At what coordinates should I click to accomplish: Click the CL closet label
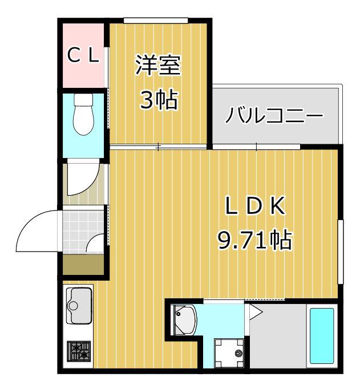coord(83,56)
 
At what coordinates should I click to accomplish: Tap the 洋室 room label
coord(158,65)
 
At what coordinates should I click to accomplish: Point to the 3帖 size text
coord(159,100)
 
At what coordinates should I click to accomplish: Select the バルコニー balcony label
coord(274,115)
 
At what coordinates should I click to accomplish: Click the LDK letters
coord(255,205)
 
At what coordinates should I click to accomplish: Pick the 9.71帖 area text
coord(254,240)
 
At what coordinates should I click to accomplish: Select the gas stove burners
coord(79,351)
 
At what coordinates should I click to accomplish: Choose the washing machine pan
coord(229,352)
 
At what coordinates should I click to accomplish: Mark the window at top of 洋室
coord(156,21)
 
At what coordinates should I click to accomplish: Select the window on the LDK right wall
coord(341,252)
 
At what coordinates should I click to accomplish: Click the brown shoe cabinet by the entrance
coord(83,264)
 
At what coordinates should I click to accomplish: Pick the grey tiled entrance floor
coord(83,232)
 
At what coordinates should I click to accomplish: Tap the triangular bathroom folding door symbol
coord(256,311)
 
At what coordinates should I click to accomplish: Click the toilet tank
coord(84,99)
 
